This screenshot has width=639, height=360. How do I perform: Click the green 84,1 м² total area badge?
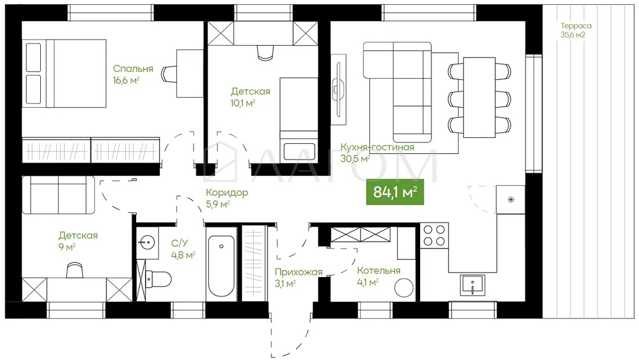coord(395,192)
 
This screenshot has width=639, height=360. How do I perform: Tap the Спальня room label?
coord(133,69)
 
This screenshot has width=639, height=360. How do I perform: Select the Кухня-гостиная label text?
coord(377,147)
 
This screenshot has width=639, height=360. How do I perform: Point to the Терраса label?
coord(576,25)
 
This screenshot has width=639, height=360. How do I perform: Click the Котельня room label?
coord(379,271)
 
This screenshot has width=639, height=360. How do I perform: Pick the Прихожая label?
coord(298,272)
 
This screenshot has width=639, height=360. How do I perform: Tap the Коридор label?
coord(227,192)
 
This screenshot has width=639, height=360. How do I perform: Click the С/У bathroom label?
coord(179,243)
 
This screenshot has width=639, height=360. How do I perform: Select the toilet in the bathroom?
coord(158,279)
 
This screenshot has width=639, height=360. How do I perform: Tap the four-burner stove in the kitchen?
coord(434,235)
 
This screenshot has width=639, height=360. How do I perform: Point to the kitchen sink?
coord(472,285)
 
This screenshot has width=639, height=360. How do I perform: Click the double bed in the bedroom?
coord(64,73)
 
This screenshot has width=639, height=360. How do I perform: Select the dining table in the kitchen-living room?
coord(479,97)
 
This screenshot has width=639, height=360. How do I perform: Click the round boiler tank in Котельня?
coord(404,288)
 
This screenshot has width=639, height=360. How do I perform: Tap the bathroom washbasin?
coord(147,242)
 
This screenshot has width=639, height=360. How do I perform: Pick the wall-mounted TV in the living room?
coord(338,89)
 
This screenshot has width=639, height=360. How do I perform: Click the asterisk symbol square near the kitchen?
coord(511,200)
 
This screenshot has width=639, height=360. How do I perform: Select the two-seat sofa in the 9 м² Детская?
coord(58,195)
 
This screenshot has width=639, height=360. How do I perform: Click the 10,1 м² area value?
coord(243,102)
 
